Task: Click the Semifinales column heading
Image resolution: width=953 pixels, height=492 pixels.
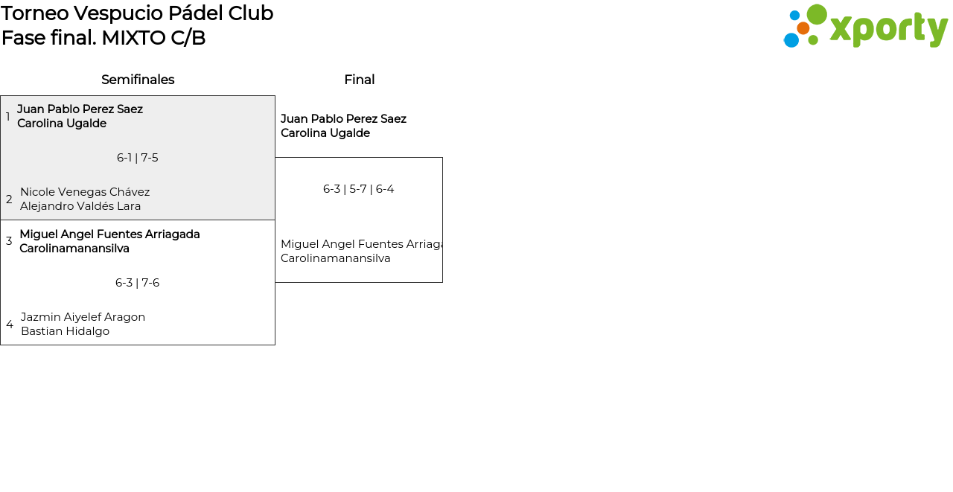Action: pyautogui.click(x=138, y=80)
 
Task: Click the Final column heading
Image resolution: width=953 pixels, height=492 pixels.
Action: pyautogui.click(x=359, y=80)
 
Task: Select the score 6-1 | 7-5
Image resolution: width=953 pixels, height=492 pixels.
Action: pyautogui.click(x=138, y=158)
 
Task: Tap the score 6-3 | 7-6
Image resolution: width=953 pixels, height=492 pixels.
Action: pyautogui.click(x=138, y=283)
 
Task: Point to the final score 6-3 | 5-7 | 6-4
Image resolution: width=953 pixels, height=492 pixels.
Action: pyautogui.click(x=359, y=189)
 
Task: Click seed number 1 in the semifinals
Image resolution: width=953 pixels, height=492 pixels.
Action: pyautogui.click(x=7, y=117)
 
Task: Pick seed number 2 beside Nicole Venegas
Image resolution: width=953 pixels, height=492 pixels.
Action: pyautogui.click(x=9, y=199)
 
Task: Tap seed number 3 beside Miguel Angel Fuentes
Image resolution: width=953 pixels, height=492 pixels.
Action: pyautogui.click(x=9, y=241)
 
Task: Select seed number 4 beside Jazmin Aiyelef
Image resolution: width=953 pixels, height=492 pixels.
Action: pyautogui.click(x=10, y=325)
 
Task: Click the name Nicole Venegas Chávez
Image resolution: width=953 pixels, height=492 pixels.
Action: pyautogui.click(x=85, y=192)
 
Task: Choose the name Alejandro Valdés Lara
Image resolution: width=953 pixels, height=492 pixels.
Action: pyautogui.click(x=80, y=206)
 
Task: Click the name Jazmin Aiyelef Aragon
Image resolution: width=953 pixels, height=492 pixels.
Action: pyautogui.click(x=83, y=317)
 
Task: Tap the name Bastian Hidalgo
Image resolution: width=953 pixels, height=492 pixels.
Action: pyautogui.click(x=65, y=331)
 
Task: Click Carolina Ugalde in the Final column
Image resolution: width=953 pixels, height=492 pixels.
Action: pyautogui.click(x=325, y=133)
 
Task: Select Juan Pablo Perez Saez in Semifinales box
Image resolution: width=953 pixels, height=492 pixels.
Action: pyautogui.click(x=80, y=109)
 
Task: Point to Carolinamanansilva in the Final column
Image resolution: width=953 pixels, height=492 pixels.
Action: pyautogui.click(x=336, y=258)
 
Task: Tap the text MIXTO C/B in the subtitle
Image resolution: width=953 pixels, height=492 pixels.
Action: pyautogui.click(x=153, y=38)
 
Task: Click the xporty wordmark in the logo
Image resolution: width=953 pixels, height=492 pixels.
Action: pyautogui.click(x=888, y=28)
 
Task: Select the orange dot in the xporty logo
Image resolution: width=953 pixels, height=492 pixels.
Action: pyautogui.click(x=803, y=28)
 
